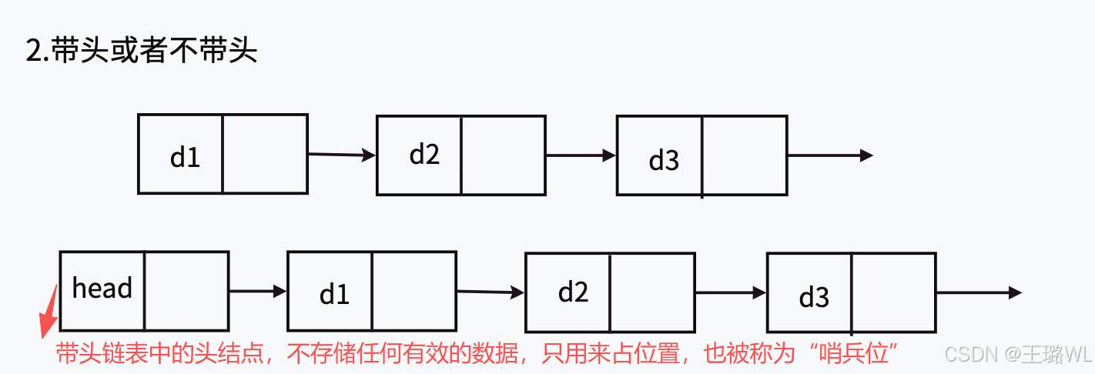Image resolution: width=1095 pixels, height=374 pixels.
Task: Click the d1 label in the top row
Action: tap(185, 157)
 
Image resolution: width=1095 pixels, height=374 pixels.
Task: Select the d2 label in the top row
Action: tap(424, 155)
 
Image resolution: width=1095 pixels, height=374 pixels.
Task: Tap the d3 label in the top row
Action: tap(664, 160)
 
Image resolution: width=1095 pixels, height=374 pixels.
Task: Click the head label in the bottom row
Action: tap(102, 289)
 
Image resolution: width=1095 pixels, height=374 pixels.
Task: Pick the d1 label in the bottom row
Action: tap(334, 294)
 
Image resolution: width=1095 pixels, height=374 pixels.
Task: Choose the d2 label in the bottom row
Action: tap(573, 292)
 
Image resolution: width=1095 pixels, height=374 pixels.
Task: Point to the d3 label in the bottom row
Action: tap(814, 297)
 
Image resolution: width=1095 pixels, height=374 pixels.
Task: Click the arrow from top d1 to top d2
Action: tap(341, 155)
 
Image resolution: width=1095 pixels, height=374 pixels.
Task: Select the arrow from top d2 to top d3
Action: tap(581, 155)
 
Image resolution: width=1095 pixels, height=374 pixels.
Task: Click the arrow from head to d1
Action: tap(257, 291)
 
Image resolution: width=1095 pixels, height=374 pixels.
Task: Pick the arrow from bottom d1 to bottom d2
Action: tap(490, 292)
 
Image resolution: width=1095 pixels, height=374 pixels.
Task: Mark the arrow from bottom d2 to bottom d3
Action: tap(730, 292)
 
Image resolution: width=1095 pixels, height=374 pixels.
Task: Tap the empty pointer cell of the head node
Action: tap(186, 291)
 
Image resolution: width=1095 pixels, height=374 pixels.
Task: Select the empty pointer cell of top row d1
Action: tap(265, 154)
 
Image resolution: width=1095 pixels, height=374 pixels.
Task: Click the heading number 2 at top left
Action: tap(34, 52)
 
